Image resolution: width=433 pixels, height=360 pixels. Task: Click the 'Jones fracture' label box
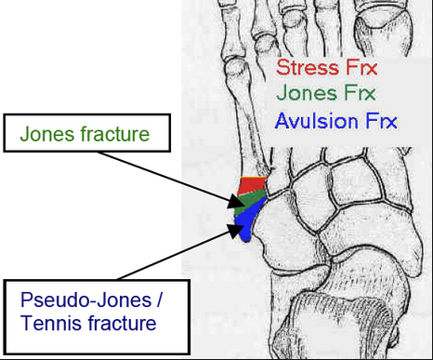[x=85, y=136]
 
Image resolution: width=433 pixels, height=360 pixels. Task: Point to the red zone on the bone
[x=251, y=184]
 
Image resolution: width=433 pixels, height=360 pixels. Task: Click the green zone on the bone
[x=251, y=200]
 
